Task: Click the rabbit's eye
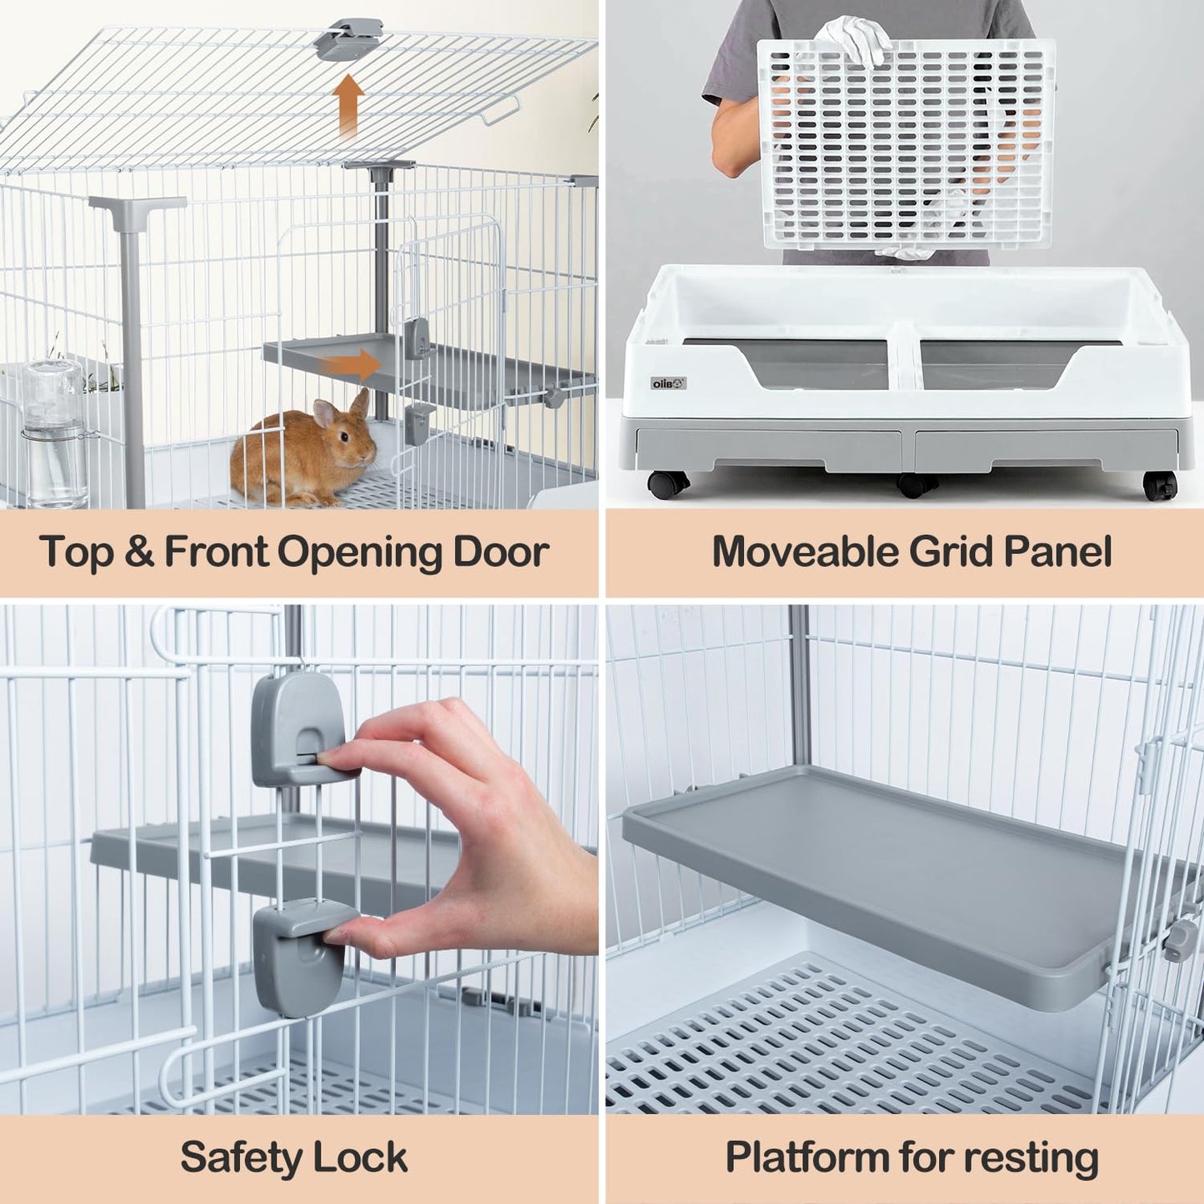point(344,436)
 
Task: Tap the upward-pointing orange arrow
point(348,105)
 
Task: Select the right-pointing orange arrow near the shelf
point(351,364)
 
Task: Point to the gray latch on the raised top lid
point(348,38)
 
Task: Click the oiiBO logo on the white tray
point(668,383)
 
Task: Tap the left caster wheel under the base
point(667,484)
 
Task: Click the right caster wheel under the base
point(1160,486)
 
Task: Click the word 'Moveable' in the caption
point(805,552)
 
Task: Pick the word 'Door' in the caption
point(501,552)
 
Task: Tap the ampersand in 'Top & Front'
point(139,552)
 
